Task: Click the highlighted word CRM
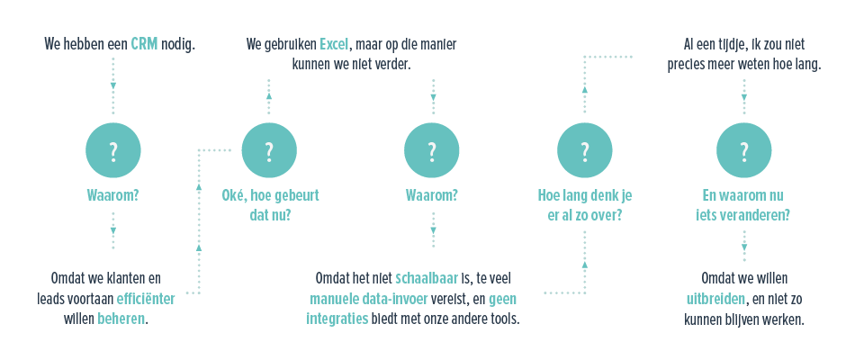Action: click(144, 43)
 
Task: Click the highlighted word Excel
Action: click(333, 43)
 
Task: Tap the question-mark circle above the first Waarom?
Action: click(113, 150)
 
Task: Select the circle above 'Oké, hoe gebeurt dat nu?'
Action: click(268, 150)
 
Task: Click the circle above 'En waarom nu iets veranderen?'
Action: click(743, 150)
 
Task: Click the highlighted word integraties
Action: click(337, 319)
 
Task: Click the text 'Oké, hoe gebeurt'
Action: click(270, 194)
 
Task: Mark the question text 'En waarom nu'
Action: click(743, 194)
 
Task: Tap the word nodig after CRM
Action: click(178, 43)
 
